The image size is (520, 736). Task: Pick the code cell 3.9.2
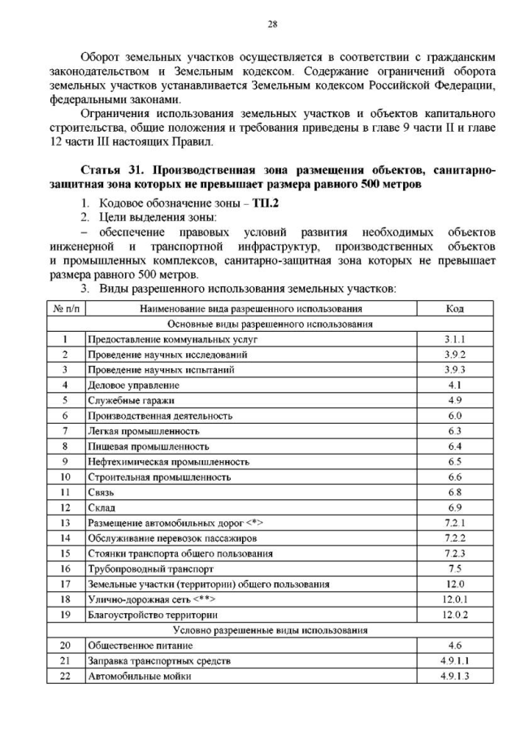[455, 355]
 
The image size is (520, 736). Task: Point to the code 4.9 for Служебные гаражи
[455, 400]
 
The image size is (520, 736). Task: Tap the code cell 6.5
[455, 461]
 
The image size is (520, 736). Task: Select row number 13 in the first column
[65, 522]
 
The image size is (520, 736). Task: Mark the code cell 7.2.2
[455, 538]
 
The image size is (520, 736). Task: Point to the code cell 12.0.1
[455, 599]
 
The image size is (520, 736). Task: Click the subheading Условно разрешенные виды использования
[271, 629]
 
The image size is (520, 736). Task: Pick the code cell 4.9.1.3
[455, 676]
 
